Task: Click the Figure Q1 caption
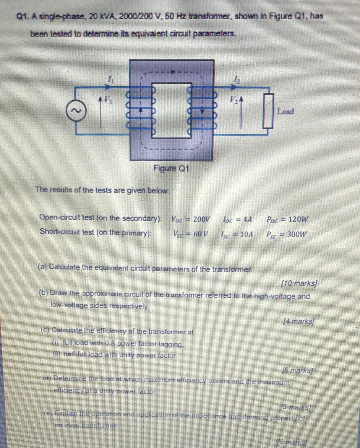(171, 168)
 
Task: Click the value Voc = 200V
(191, 219)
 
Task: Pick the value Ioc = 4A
(237, 219)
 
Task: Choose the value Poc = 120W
(288, 219)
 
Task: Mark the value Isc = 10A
(237, 234)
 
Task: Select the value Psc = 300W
(287, 234)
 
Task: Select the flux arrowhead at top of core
(172, 72)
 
